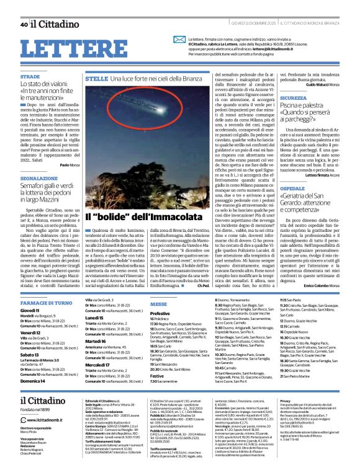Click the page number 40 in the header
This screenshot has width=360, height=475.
click(23, 25)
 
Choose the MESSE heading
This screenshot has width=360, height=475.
click(158, 304)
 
